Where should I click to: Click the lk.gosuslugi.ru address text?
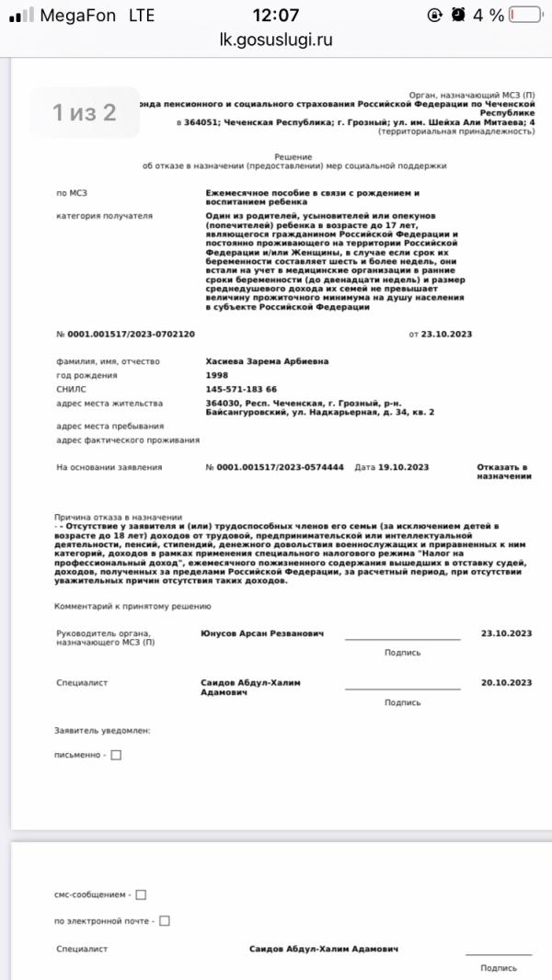tap(276, 40)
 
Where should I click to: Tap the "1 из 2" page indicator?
tap(84, 113)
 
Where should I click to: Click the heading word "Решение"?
tap(293, 157)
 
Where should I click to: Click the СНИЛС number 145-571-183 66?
tap(241, 389)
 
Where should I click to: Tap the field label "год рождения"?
tap(86, 375)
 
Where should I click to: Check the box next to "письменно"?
tap(116, 756)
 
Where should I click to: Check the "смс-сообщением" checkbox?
tap(141, 895)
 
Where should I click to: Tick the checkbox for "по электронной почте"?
tap(165, 920)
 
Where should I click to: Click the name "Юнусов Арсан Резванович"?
tap(261, 633)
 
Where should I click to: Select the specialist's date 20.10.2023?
tap(506, 682)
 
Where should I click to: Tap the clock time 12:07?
tap(276, 15)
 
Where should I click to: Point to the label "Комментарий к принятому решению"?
tap(133, 606)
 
